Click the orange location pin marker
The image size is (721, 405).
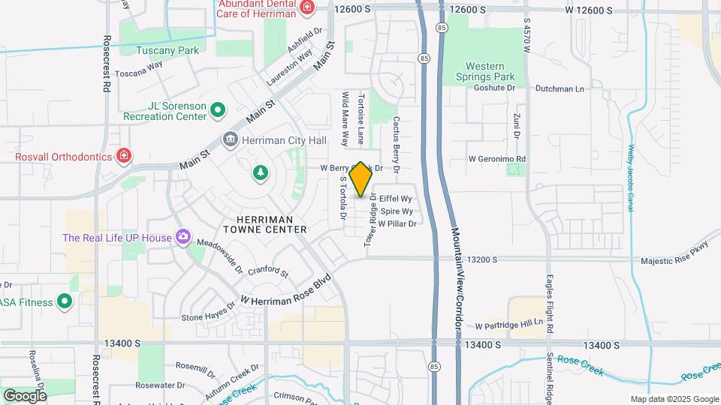point(360,178)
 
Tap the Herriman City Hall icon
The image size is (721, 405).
point(230,139)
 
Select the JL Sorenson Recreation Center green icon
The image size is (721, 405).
point(218,111)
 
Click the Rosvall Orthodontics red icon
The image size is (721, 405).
point(124,156)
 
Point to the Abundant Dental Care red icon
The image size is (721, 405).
point(306,8)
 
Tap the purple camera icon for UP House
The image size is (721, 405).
point(183,237)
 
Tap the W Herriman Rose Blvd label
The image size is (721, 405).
point(286,289)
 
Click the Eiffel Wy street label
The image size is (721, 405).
point(396,198)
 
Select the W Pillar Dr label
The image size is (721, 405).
point(397,223)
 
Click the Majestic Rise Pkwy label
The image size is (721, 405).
point(674,260)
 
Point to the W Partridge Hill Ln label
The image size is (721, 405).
point(508,325)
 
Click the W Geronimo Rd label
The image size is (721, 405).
point(496,159)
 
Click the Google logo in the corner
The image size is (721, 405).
point(25,395)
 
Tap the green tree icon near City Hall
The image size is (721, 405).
point(261,173)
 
